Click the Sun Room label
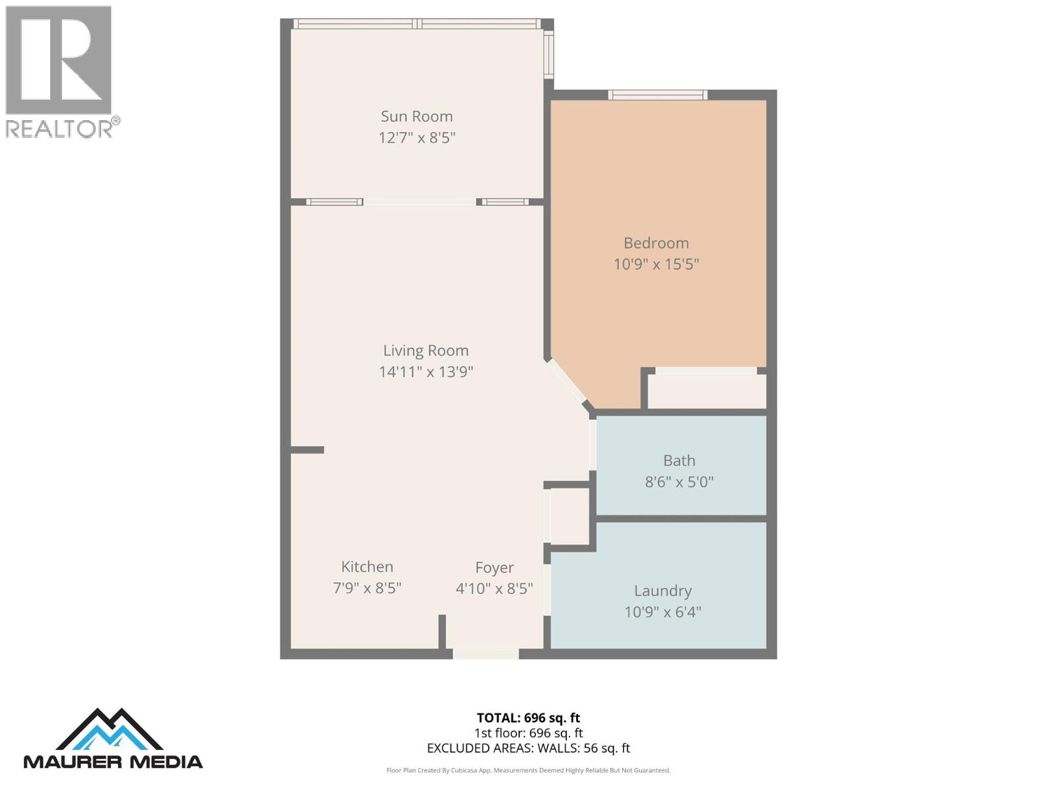(x=416, y=116)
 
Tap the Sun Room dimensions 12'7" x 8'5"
(x=416, y=138)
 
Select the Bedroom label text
(x=656, y=243)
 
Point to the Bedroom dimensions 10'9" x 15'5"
(x=656, y=264)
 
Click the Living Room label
(x=425, y=350)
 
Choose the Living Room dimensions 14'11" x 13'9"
(x=425, y=372)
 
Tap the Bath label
(x=679, y=461)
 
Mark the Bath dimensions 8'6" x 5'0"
(x=679, y=482)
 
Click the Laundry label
(x=663, y=591)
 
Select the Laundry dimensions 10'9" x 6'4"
(x=663, y=612)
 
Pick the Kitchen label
(x=367, y=567)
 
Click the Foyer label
(x=494, y=568)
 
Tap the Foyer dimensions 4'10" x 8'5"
(x=494, y=588)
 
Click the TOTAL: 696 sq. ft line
(x=528, y=717)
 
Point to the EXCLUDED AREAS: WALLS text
(x=528, y=748)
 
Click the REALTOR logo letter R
(x=59, y=60)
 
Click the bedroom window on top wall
(x=657, y=95)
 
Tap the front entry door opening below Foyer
(x=486, y=653)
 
